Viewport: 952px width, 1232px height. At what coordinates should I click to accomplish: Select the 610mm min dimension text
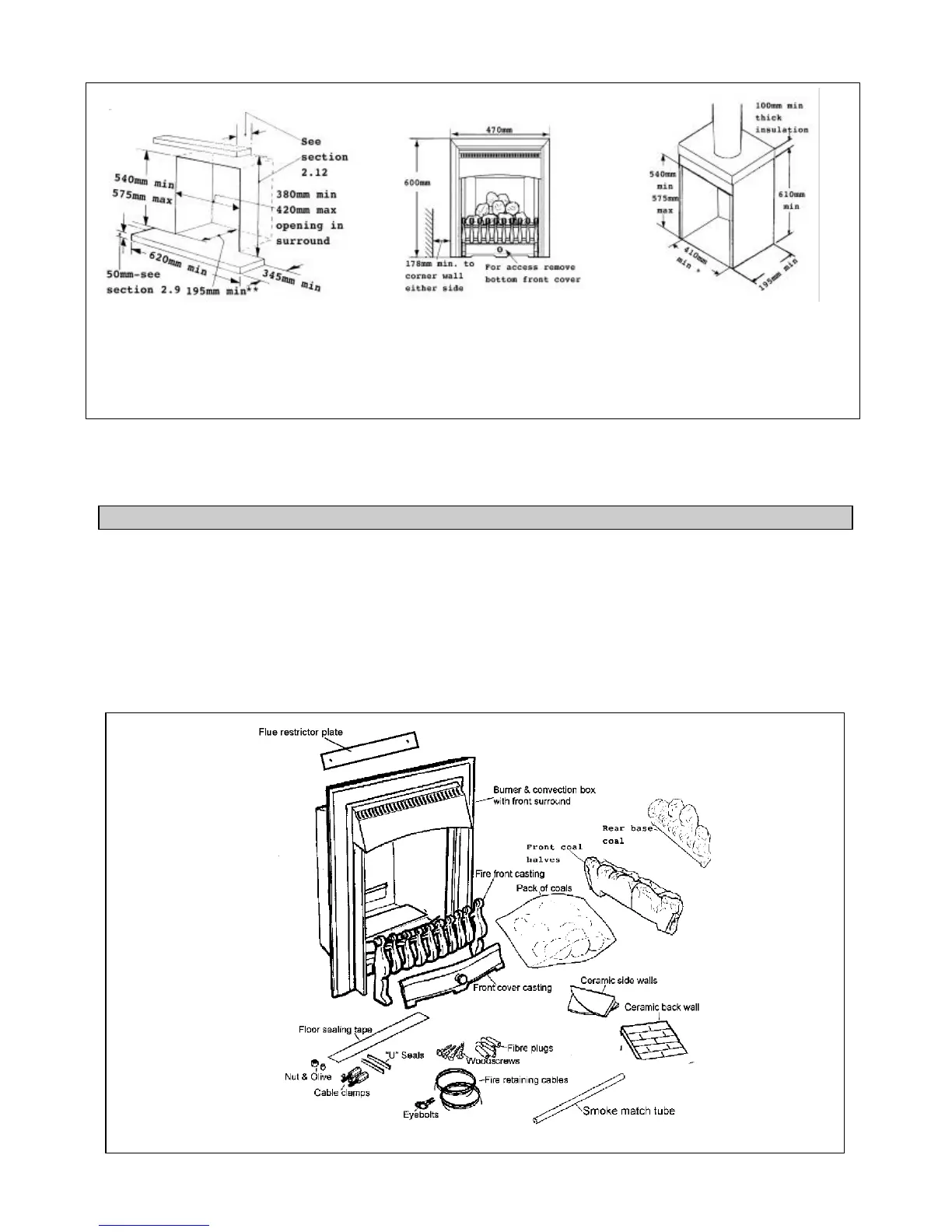[x=791, y=200]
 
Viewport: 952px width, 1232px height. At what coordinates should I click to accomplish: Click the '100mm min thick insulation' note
[x=781, y=117]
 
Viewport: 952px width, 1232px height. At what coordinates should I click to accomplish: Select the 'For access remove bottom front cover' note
[x=533, y=273]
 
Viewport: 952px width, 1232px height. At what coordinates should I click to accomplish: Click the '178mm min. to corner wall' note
[x=439, y=276]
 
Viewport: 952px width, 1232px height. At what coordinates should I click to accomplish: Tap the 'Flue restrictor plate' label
[x=300, y=733]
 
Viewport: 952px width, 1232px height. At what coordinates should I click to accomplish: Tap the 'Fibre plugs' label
[x=530, y=1048]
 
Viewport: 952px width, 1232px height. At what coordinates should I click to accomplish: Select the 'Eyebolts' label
[x=421, y=1115]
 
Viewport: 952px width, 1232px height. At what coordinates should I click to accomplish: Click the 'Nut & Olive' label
[x=308, y=1077]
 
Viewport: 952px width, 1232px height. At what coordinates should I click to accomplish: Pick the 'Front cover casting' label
[x=513, y=988]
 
